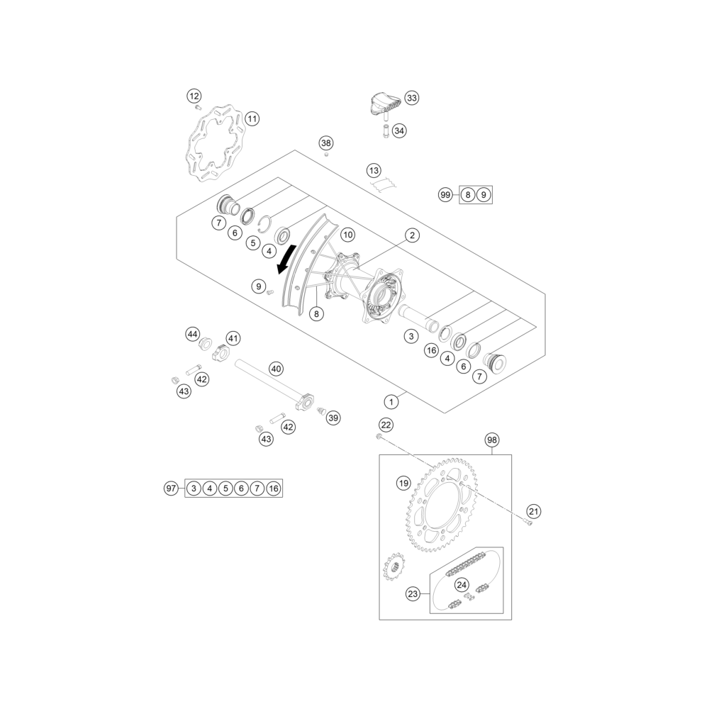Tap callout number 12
[x=194, y=96]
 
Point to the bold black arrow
[x=287, y=259]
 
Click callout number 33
[x=411, y=98]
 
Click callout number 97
[x=171, y=489]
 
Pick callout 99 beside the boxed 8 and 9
[x=445, y=195]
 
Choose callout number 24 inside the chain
[x=462, y=585]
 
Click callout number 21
[x=534, y=511]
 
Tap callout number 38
[x=326, y=143]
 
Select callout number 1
[x=391, y=401]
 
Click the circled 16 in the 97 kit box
[x=274, y=489]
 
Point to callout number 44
[x=193, y=334]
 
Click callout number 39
[x=333, y=418]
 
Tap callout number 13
[x=374, y=170]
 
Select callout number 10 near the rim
[x=347, y=235]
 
